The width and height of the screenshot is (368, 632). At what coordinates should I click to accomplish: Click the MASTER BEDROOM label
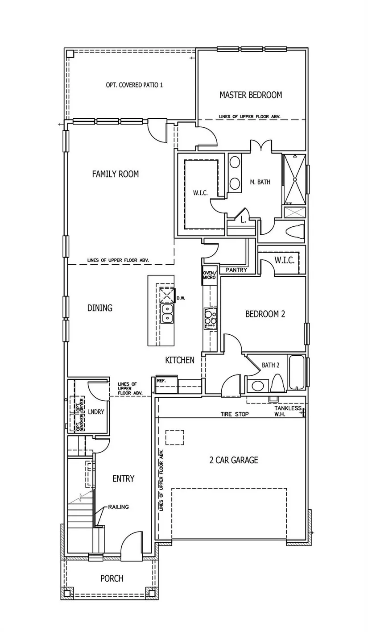[x=251, y=95]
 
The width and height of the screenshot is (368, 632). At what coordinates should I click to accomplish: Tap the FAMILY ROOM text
[x=116, y=174]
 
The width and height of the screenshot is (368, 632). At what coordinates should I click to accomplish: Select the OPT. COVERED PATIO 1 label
[x=134, y=85]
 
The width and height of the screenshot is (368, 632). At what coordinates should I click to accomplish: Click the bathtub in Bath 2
[x=296, y=372]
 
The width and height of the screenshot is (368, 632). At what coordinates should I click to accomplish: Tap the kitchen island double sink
[x=167, y=313]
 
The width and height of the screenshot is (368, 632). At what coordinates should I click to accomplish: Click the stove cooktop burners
[x=211, y=319]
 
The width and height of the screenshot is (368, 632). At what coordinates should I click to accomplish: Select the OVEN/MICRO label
[x=209, y=275]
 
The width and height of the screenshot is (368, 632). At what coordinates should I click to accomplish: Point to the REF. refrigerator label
[x=161, y=381]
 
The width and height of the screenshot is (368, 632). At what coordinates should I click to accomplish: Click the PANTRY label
[x=236, y=270]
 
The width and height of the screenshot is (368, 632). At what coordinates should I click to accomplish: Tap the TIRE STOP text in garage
[x=235, y=414]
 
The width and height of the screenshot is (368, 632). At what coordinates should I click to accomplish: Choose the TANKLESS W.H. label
[x=288, y=411]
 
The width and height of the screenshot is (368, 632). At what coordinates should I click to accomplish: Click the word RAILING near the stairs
[x=119, y=507]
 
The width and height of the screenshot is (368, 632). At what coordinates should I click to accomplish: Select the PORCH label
[x=112, y=579]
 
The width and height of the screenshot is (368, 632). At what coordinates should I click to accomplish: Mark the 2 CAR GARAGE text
[x=234, y=460]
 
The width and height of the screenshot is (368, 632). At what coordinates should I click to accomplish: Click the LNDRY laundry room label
[x=96, y=412]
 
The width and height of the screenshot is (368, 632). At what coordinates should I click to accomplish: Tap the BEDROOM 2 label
[x=265, y=314]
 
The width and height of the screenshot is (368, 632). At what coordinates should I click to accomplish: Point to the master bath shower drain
[x=294, y=179]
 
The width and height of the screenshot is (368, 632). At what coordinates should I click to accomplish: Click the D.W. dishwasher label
[x=181, y=298]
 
